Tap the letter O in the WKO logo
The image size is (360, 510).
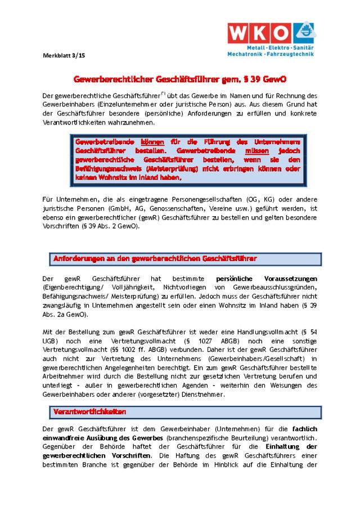(x=283, y=33)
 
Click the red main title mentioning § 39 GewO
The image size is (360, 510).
(x=182, y=79)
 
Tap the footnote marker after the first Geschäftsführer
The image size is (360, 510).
(x=163, y=93)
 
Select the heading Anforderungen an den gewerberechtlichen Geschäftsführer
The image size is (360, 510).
(x=155, y=259)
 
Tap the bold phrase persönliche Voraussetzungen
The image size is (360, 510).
(x=267, y=279)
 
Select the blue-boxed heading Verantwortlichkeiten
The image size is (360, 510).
(x=90, y=412)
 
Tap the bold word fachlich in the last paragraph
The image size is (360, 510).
(x=304, y=429)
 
